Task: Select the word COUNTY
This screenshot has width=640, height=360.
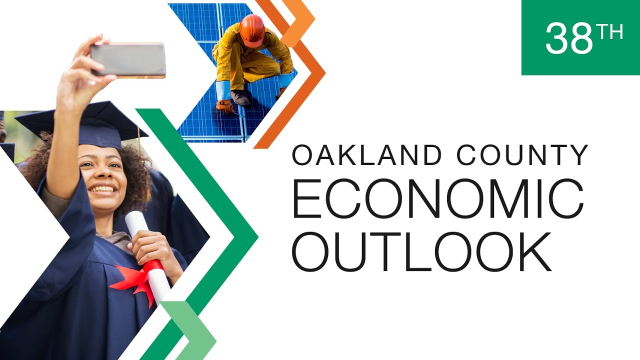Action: (x=522, y=155)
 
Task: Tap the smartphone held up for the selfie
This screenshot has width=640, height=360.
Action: (x=128, y=60)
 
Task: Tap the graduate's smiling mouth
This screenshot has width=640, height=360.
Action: (x=103, y=189)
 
